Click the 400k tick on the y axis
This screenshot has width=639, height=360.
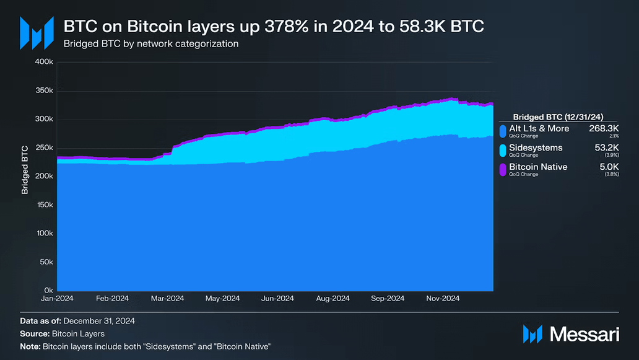click(x=45, y=62)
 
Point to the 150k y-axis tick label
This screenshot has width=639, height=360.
click(x=45, y=204)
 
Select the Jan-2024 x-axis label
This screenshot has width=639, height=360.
click(x=57, y=299)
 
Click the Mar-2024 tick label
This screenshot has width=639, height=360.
click(x=168, y=299)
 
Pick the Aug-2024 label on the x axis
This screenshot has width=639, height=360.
click(x=333, y=299)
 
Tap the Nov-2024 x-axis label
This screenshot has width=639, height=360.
click(x=443, y=299)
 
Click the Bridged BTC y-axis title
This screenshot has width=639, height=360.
click(x=25, y=170)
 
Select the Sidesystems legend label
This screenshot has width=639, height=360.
click(x=536, y=148)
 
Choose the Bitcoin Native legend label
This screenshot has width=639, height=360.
click(x=538, y=167)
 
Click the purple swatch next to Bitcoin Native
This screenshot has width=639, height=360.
click(x=503, y=170)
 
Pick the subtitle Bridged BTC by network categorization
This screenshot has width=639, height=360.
click(x=150, y=45)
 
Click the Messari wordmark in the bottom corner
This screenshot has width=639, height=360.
click(x=584, y=334)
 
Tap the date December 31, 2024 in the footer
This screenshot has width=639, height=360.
click(x=99, y=321)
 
